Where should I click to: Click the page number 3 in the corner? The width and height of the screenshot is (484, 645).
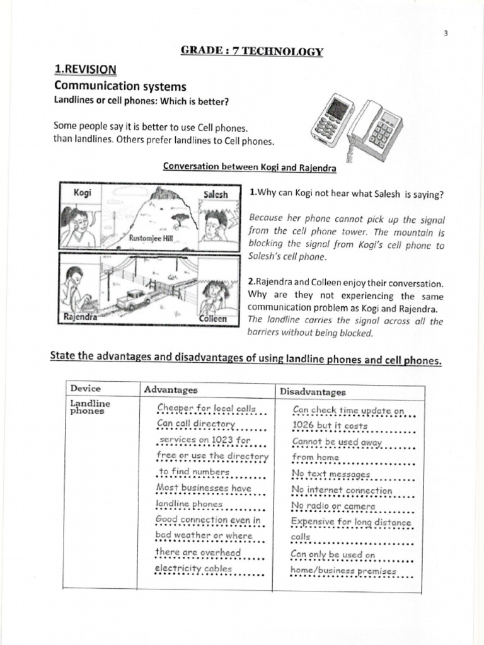(444, 33)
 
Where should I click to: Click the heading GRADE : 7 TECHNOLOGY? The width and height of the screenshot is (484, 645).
(243, 52)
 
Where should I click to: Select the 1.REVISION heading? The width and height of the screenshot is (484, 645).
(85, 69)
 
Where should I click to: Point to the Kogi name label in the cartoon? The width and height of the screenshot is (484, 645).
(83, 192)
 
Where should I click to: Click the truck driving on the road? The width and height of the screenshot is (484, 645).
(132, 299)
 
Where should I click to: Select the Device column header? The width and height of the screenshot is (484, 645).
(86, 389)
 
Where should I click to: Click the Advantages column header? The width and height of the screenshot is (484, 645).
(171, 390)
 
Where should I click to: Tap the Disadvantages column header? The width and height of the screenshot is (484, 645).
(313, 392)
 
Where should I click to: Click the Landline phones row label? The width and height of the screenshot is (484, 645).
(89, 408)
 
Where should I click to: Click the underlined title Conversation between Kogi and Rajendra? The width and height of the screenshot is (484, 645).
(250, 167)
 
